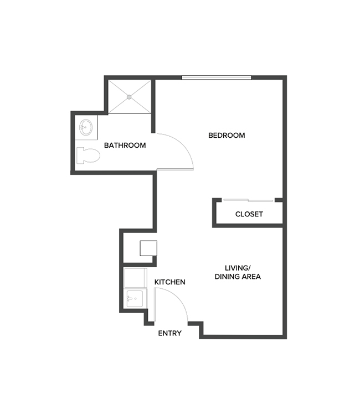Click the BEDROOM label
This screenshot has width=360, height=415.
[226, 135]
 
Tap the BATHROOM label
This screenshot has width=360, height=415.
[125, 146]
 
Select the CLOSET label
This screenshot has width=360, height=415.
[249, 214]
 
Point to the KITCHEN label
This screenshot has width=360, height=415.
[169, 282]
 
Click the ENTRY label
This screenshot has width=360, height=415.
[170, 333]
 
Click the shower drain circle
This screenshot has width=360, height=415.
[130, 97]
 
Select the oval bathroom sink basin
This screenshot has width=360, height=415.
[85, 127]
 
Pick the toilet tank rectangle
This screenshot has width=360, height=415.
[78, 156]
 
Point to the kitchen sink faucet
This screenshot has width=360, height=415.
[128, 299]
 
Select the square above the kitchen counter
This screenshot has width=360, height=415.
[148, 247]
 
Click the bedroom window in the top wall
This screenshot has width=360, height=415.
[217, 77]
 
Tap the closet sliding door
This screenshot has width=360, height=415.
[248, 200]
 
